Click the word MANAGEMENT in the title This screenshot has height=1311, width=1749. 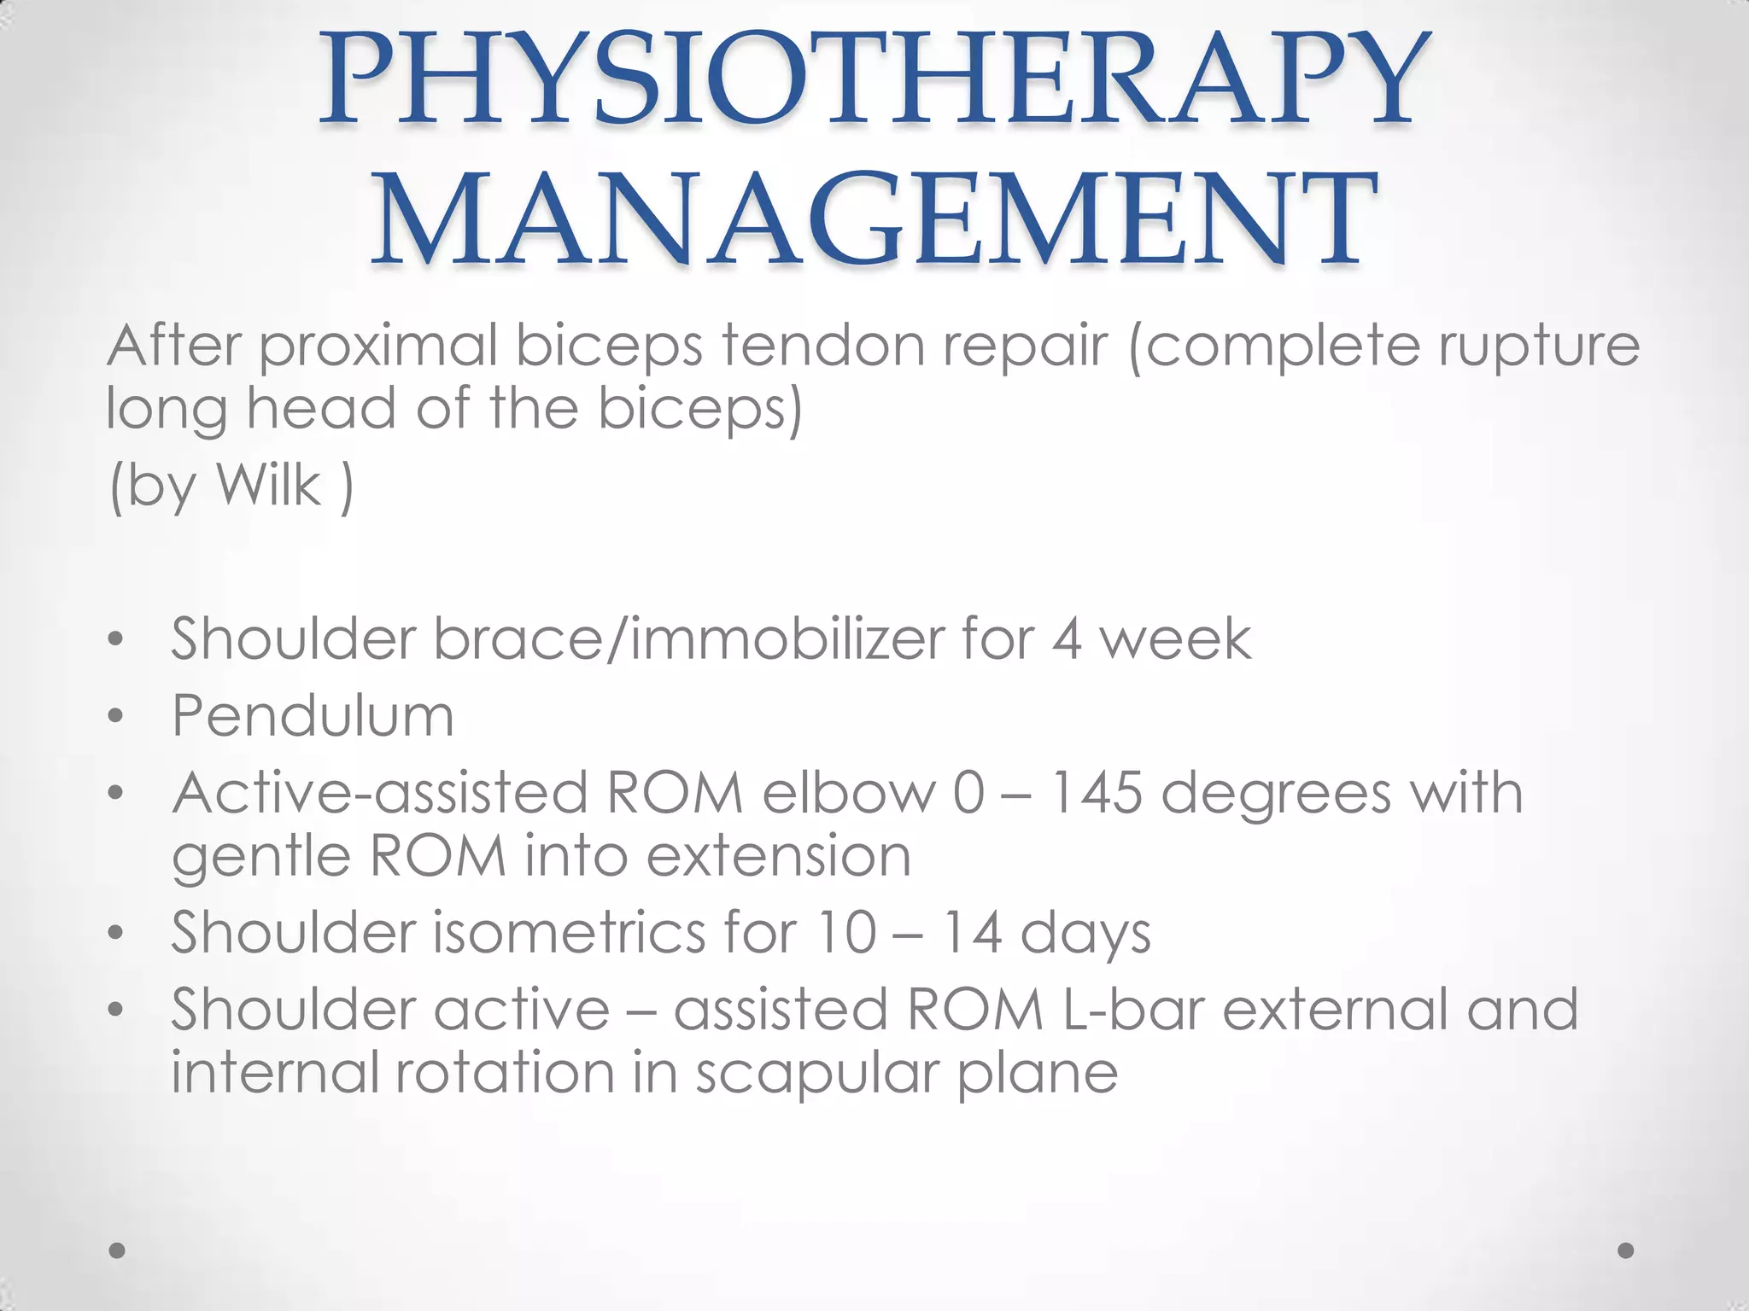click(x=873, y=218)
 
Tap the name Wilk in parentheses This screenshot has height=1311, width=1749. click(x=268, y=485)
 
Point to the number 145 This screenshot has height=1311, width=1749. click(x=1095, y=792)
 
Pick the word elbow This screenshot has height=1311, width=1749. click(x=849, y=792)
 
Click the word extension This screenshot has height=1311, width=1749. click(x=779, y=855)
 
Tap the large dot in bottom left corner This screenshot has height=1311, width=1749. click(x=117, y=1250)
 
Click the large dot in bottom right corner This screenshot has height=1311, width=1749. click(x=1626, y=1250)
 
